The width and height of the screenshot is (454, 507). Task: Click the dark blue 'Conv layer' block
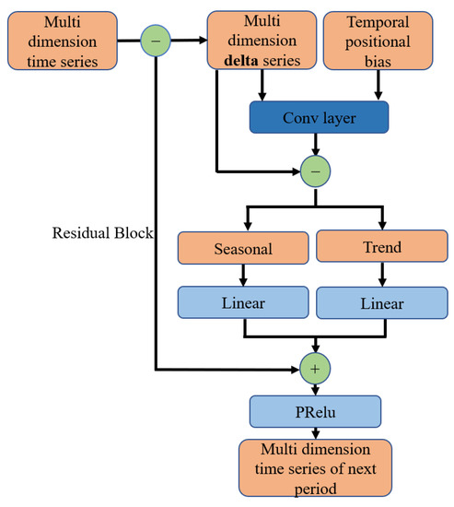click(318, 116)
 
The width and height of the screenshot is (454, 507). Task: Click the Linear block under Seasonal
click(241, 301)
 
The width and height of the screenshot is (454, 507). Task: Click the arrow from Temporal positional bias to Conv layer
click(378, 88)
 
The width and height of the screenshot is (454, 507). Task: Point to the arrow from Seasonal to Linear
click(241, 275)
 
